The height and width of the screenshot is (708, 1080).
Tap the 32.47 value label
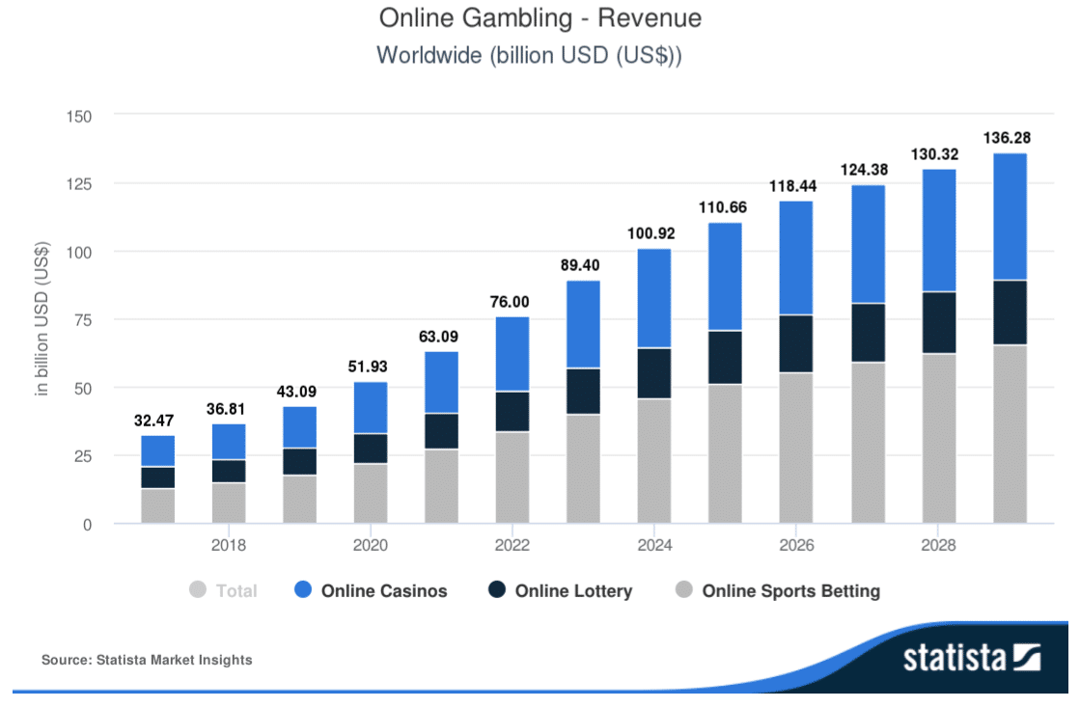157,420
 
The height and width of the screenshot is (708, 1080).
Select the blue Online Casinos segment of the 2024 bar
654,298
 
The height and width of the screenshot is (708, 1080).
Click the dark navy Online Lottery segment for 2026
796,343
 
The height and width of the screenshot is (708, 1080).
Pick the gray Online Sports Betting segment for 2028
938,438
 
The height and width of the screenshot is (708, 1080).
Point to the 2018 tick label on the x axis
229,546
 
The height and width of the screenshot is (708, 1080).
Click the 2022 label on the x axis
512,546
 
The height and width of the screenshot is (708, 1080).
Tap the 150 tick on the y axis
78,116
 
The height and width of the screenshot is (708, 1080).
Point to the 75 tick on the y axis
82,319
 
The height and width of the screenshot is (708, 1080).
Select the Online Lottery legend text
573,591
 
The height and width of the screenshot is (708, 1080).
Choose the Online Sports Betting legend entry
790,591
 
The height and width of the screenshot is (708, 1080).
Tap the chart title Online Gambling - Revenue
540,18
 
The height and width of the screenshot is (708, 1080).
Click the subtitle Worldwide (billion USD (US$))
529,54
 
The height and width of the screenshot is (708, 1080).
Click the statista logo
971,659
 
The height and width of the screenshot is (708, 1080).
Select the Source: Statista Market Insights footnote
147,660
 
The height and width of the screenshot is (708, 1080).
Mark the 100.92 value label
654,232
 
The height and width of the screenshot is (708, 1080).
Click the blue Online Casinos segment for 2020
371,408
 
